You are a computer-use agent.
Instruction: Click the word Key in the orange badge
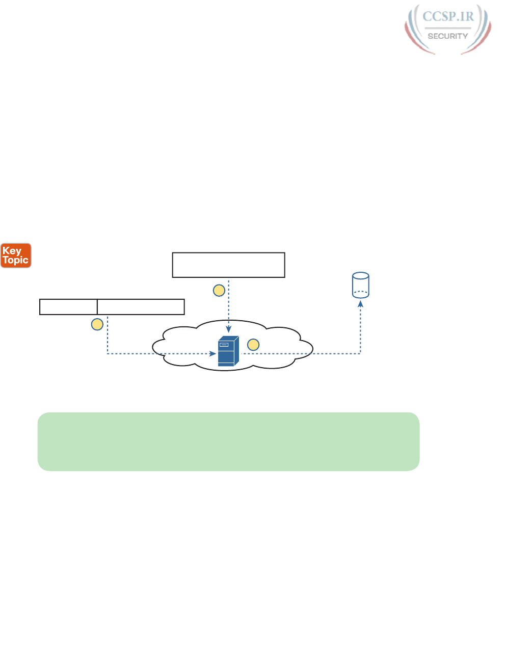tap(12, 250)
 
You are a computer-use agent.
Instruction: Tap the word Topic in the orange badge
tap(16, 260)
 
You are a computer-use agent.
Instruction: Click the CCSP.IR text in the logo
tap(448, 17)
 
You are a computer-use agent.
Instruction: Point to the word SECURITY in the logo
tap(447, 36)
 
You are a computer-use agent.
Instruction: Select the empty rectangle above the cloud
tap(228, 265)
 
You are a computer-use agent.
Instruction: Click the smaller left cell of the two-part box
tap(68, 307)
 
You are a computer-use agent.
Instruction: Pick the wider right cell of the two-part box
tap(141, 307)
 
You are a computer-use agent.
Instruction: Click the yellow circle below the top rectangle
tap(219, 291)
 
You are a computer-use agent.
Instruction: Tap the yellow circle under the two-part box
tap(97, 324)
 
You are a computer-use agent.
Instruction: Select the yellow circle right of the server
tap(253, 345)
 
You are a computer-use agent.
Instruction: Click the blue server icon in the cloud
tap(228, 351)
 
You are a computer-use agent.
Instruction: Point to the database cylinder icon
tap(360, 285)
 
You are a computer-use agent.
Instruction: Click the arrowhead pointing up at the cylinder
tap(360, 303)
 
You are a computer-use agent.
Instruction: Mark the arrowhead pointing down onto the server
tap(229, 329)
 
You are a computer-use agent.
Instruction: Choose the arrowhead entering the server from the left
tap(213, 353)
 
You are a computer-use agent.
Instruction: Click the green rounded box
tap(228, 441)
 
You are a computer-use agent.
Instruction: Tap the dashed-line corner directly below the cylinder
tap(360, 353)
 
